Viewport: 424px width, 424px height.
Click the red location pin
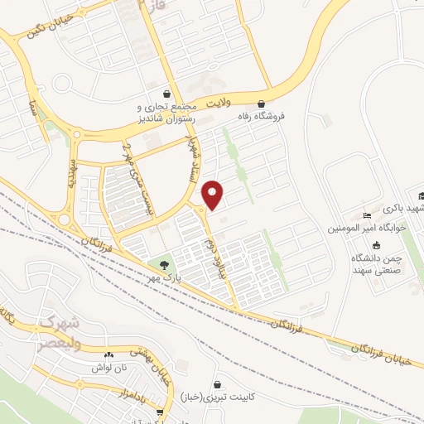213,195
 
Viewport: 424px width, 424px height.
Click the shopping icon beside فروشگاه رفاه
262,104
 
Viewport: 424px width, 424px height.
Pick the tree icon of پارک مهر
165,264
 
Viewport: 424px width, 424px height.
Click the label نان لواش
110,367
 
